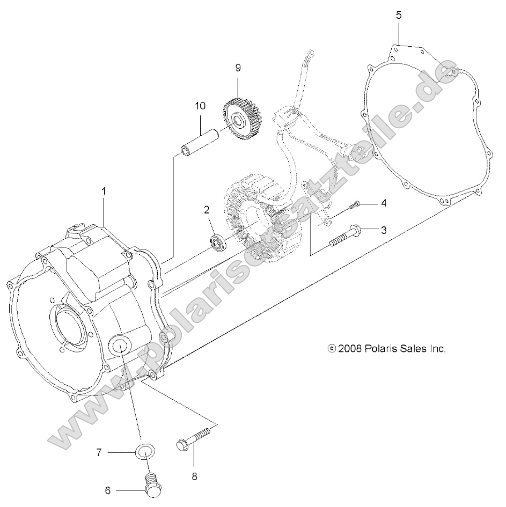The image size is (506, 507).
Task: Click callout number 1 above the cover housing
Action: pyautogui.click(x=104, y=191)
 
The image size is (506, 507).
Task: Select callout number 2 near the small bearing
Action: pyautogui.click(x=206, y=210)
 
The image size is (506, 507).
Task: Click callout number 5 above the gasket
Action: pyautogui.click(x=398, y=15)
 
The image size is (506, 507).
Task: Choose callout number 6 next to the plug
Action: pyautogui.click(x=107, y=489)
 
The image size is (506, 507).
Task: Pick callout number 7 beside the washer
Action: pyautogui.click(x=99, y=453)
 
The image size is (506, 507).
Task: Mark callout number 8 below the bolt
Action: pyautogui.click(x=194, y=475)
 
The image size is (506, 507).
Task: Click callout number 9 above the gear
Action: pyautogui.click(x=238, y=68)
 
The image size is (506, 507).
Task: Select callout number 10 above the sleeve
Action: pyautogui.click(x=200, y=106)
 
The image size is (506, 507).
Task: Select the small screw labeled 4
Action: pyautogui.click(x=355, y=204)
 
